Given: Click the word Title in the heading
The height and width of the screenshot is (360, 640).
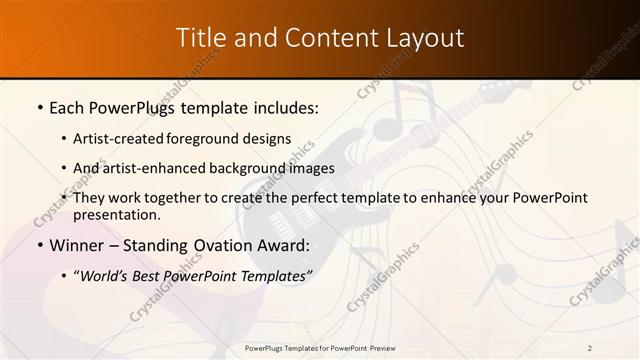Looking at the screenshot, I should [199, 38].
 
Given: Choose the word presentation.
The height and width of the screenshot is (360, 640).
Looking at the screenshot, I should [116, 215].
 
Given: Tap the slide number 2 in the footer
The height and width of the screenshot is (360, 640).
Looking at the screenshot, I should [590, 347].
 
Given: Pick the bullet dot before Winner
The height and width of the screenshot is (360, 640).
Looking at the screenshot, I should [39, 245].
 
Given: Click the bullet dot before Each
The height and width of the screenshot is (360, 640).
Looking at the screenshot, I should [39, 107].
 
